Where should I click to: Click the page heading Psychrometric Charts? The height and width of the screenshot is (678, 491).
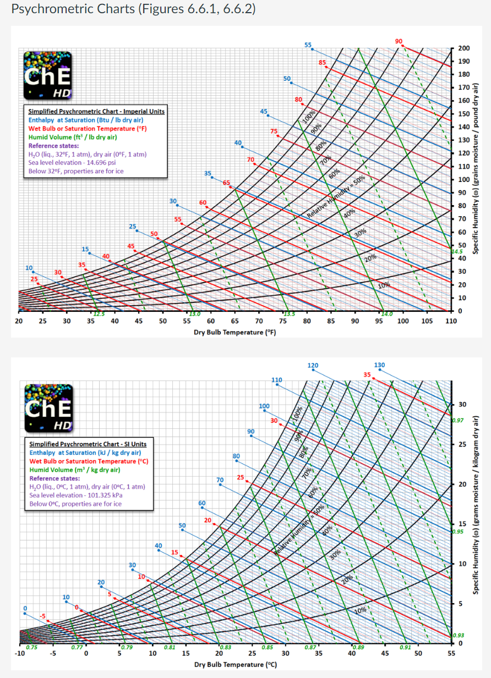pos(133,9)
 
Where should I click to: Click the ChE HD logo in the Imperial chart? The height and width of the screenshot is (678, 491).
pos(47,75)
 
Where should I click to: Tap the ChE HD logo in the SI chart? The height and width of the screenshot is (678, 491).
pos(48,407)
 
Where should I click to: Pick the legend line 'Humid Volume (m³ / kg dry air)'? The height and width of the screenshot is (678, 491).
pos(75,470)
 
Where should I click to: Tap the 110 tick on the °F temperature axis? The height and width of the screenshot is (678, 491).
pos(451,321)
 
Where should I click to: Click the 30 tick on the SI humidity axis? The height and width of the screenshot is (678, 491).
pos(463,405)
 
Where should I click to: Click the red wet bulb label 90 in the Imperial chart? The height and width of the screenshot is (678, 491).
pos(399,41)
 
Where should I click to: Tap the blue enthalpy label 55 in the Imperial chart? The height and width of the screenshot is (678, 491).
pos(308,44)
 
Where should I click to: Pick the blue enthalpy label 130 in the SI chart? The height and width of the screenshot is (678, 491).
pos(379,365)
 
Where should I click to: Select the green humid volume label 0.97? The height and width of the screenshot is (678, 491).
pos(458,420)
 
